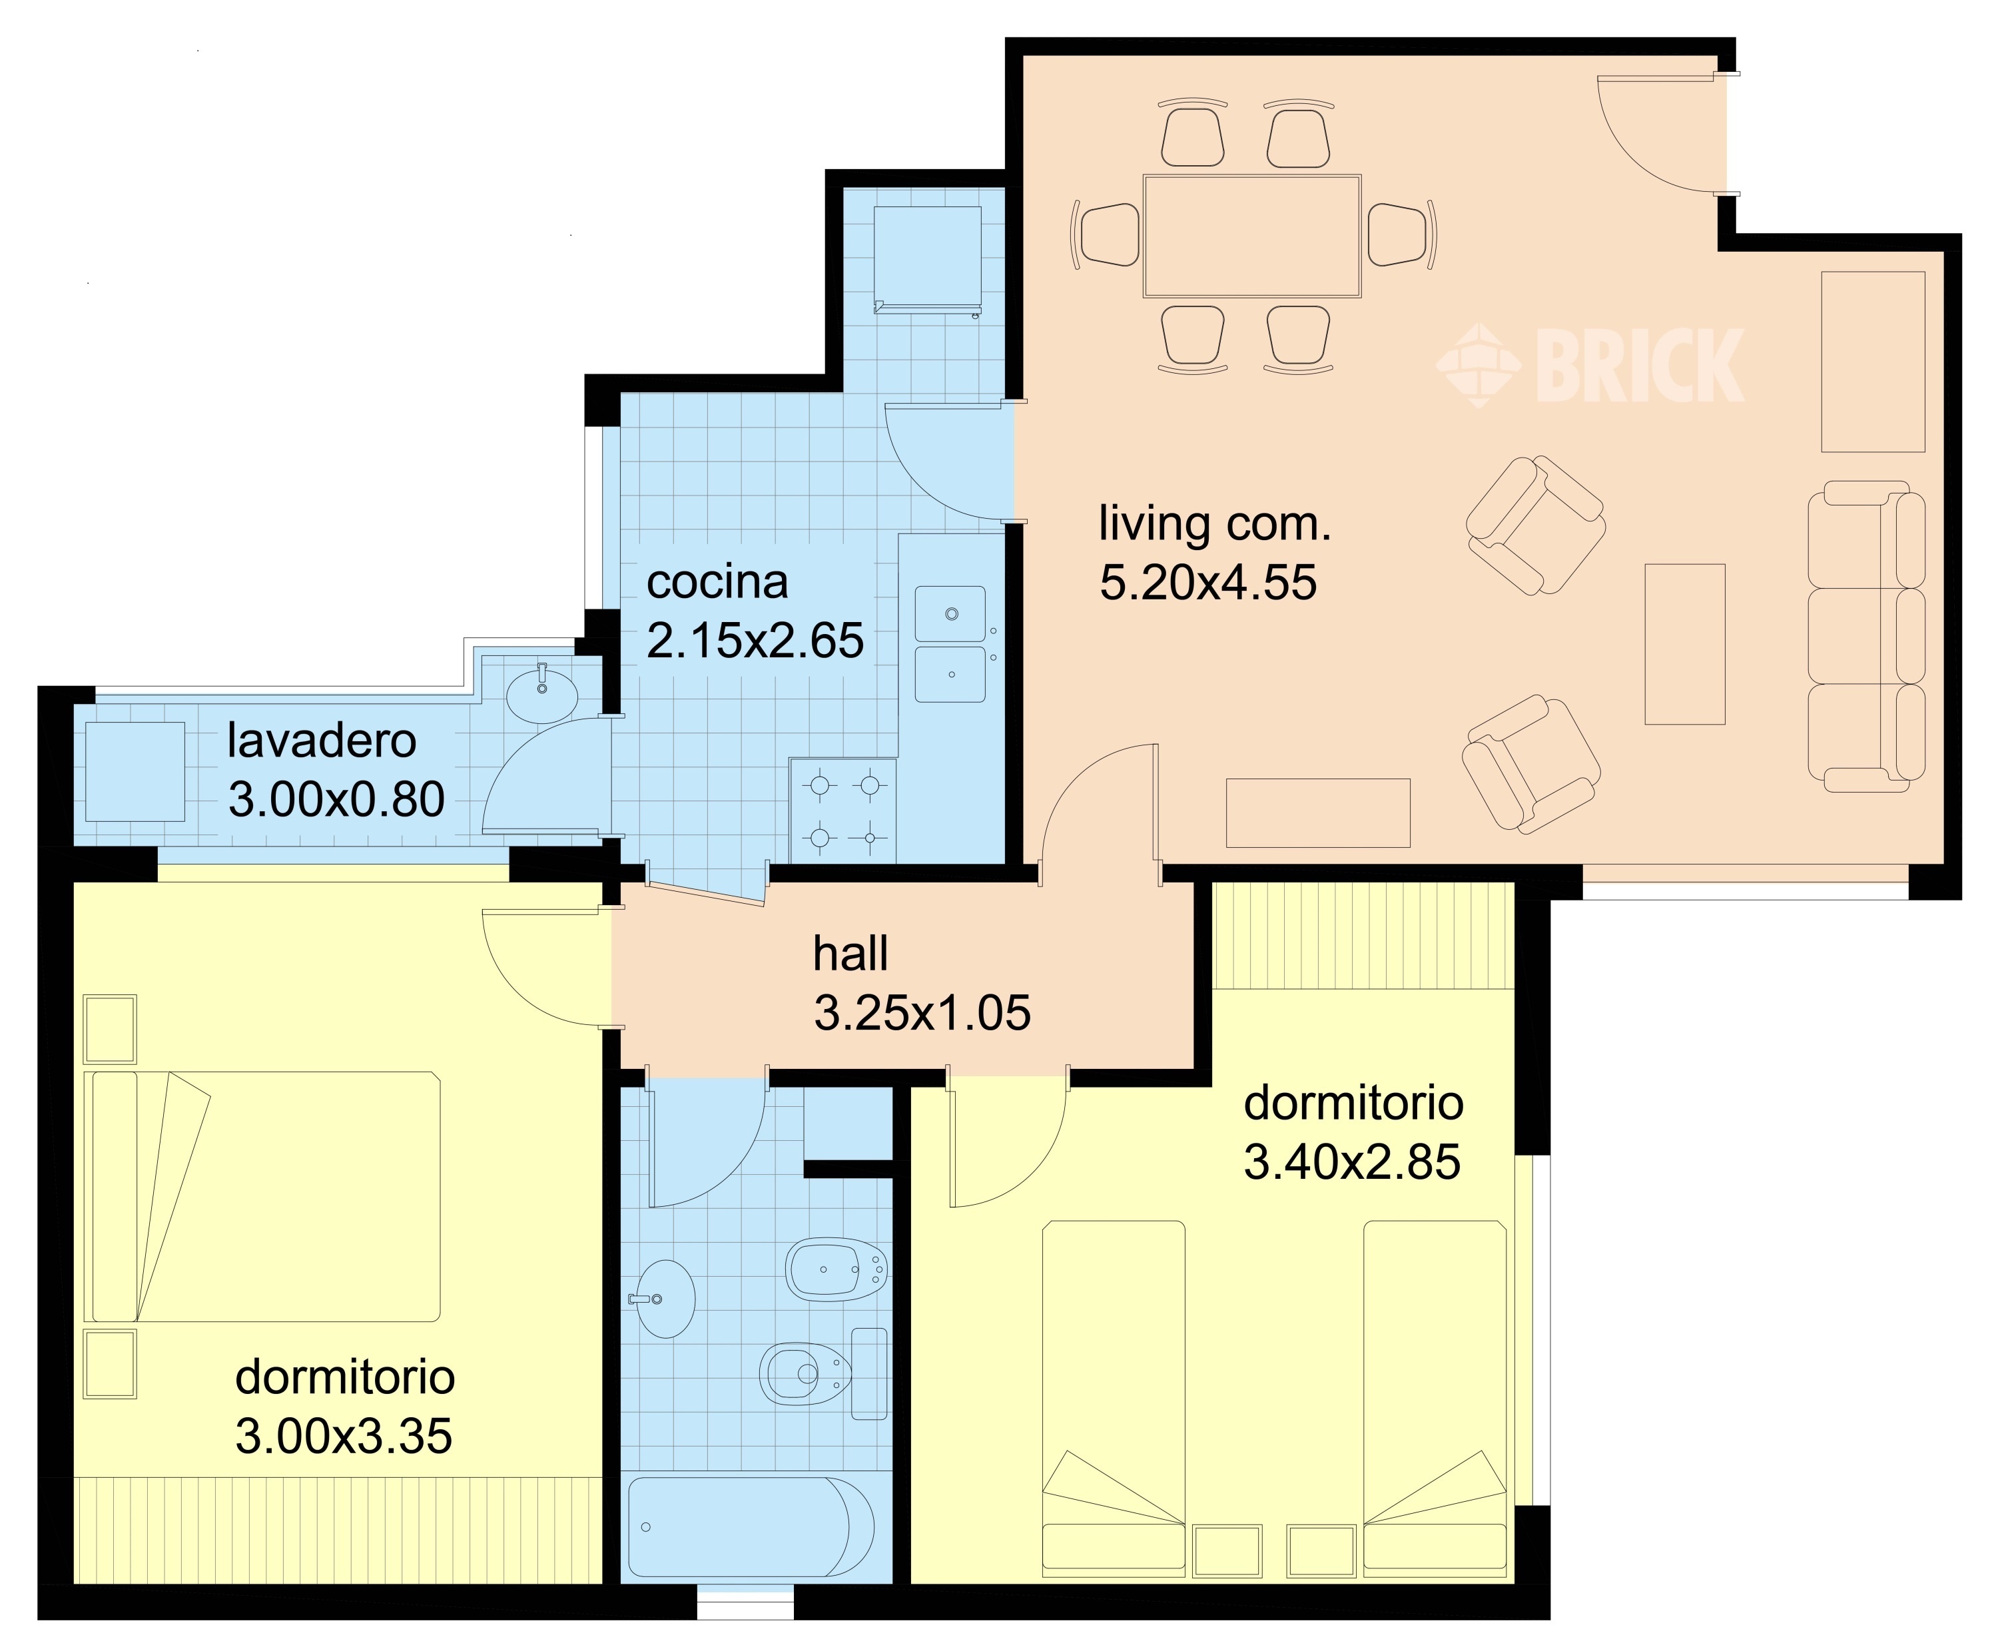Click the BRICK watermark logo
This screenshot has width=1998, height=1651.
click(x=1589, y=365)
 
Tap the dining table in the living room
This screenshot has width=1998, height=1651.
click(x=1251, y=236)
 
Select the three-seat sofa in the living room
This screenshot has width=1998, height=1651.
click(x=1866, y=636)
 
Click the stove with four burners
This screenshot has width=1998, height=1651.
click(x=842, y=811)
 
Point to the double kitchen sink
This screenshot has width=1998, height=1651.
click(x=950, y=644)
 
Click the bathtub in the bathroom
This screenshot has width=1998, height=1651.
click(x=751, y=1526)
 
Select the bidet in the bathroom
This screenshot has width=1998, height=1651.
click(x=837, y=1269)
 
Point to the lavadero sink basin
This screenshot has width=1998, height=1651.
click(x=542, y=693)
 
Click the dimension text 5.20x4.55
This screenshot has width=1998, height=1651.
click(x=1207, y=582)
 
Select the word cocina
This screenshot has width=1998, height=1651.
click(x=717, y=581)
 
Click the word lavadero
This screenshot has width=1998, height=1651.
click(x=322, y=741)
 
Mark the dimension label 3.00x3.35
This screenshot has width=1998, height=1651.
click(x=343, y=1436)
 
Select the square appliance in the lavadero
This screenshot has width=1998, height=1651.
click(x=135, y=771)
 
